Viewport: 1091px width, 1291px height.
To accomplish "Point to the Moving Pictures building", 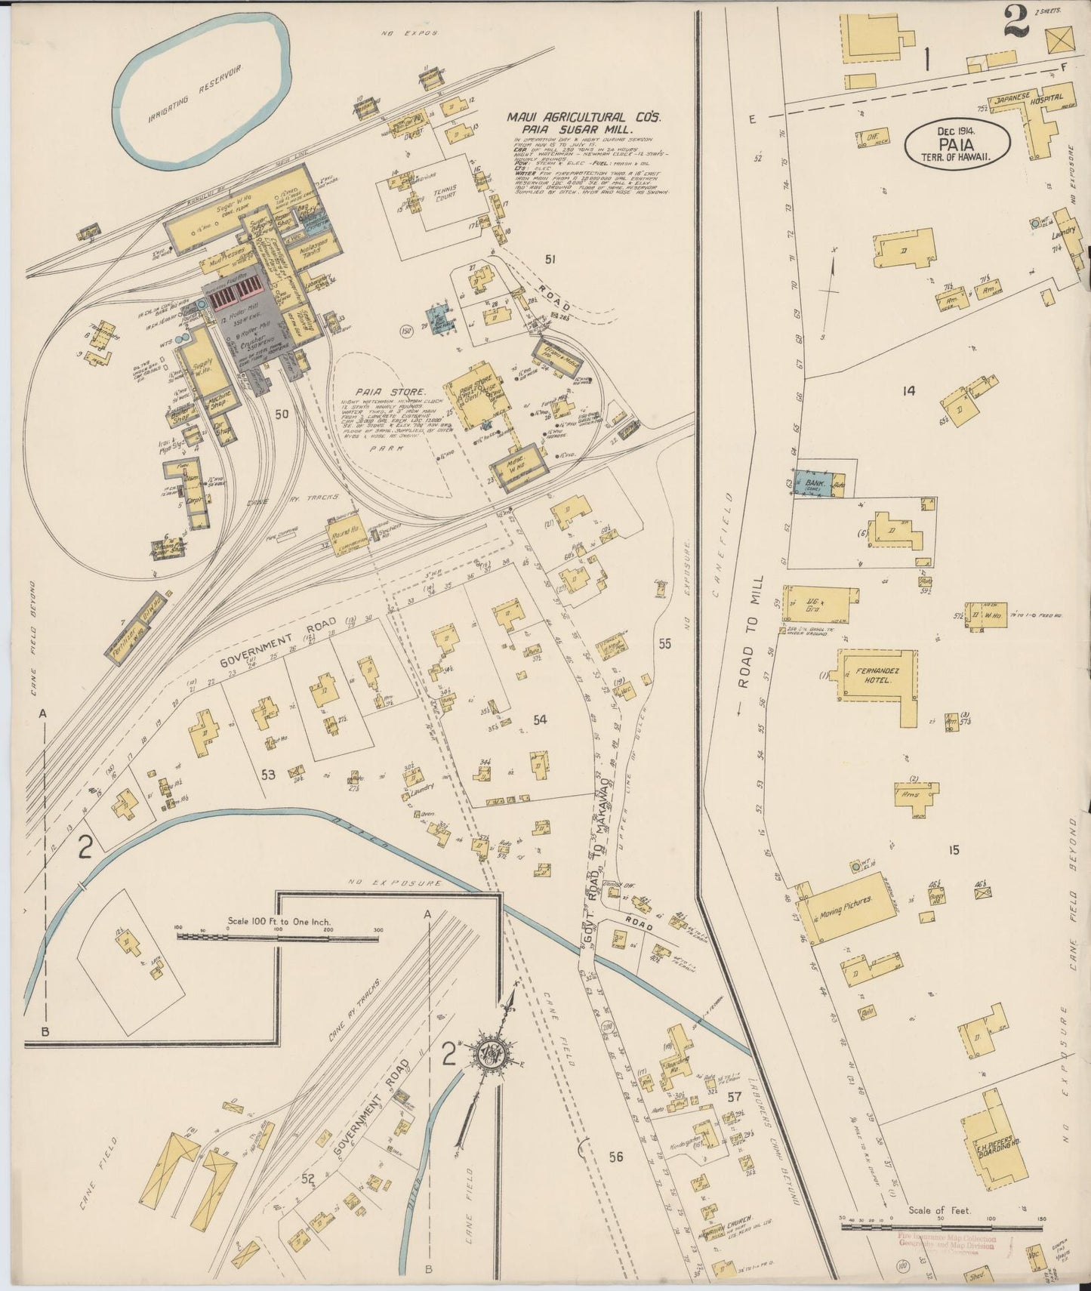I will [x=846, y=903].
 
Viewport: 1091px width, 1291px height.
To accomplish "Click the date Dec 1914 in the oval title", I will [x=957, y=130].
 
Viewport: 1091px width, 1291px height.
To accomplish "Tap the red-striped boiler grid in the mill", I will [x=235, y=300].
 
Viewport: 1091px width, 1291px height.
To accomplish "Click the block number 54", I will [x=539, y=720].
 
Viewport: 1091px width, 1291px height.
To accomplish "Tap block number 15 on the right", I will [x=954, y=850].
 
